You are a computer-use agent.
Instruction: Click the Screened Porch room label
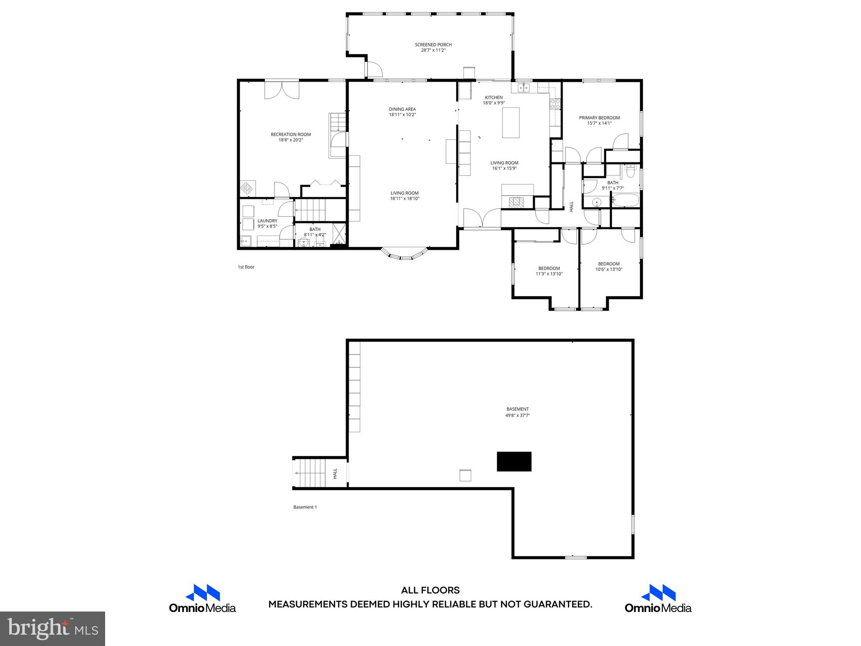tap(433, 48)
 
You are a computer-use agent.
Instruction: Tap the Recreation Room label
tap(291, 137)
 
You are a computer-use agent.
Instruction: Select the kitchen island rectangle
tap(510, 122)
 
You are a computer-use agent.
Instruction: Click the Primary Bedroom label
tap(599, 120)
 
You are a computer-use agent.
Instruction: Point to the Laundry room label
tap(267, 223)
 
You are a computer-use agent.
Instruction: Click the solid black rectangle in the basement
tap(514, 461)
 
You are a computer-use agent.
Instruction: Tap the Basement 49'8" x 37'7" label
tap(517, 412)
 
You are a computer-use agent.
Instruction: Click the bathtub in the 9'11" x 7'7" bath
tap(625, 201)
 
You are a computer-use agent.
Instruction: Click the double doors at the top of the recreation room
tap(282, 90)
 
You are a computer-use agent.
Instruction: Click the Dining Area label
tap(402, 112)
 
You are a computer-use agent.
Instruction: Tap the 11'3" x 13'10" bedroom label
tap(549, 271)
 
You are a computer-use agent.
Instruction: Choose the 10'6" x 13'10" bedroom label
tap(609, 267)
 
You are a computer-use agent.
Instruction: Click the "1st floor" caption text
tap(246, 267)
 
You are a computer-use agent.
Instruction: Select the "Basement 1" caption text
tap(305, 507)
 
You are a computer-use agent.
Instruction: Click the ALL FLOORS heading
tap(430, 590)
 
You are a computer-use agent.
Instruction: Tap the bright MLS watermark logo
tap(53, 629)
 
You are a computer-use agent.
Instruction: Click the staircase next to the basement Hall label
tap(311, 473)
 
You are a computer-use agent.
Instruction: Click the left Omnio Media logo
tap(202, 598)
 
